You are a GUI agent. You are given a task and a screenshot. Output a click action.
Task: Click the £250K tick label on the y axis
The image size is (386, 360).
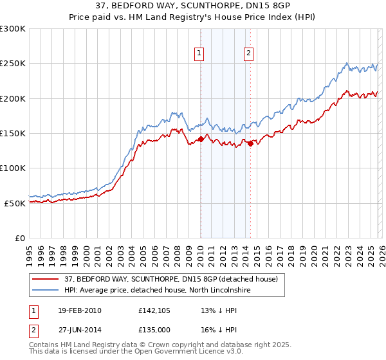click(x=13, y=64)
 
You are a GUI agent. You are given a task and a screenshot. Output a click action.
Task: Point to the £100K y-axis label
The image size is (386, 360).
click(x=13, y=168)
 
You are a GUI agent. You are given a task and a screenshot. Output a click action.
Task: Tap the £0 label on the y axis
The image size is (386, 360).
click(x=19, y=238)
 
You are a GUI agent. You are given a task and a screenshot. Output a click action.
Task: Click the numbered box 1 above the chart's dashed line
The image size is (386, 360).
click(x=199, y=54)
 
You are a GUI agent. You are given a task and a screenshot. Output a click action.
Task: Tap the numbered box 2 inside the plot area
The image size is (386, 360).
click(x=248, y=54)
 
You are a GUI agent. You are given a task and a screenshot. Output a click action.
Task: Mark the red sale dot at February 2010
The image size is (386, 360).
click(x=201, y=139)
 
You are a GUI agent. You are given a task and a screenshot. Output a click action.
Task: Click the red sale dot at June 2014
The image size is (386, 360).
click(x=250, y=143)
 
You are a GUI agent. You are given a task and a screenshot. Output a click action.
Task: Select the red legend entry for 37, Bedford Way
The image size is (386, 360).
click(x=170, y=279)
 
